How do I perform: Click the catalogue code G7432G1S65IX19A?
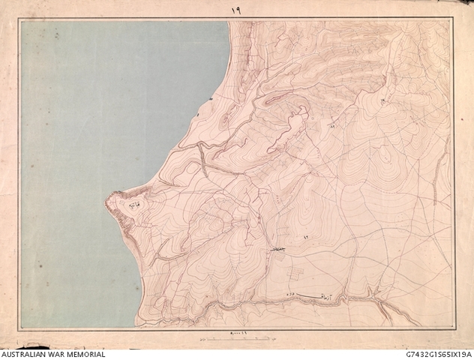439,355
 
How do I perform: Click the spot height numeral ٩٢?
306,237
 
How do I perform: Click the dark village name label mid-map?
277,248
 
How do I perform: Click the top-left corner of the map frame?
20,19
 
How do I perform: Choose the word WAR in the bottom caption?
57,355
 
